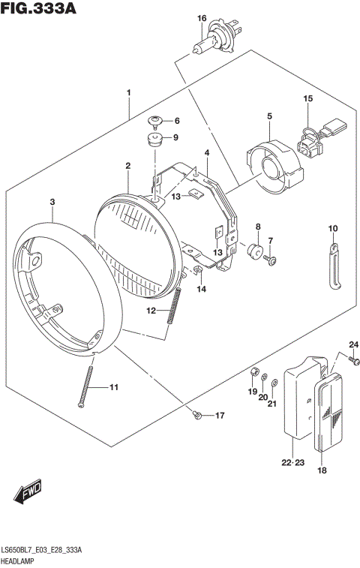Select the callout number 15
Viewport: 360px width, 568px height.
(307, 98)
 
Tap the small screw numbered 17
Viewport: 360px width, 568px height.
(196, 415)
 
